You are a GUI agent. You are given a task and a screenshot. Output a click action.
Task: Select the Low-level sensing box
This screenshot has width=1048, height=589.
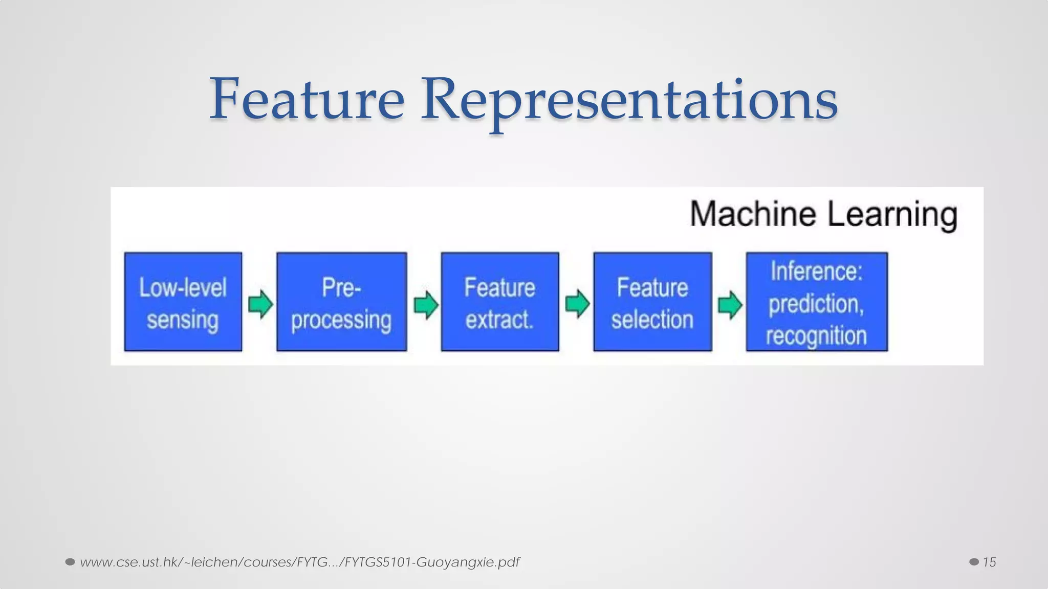183,302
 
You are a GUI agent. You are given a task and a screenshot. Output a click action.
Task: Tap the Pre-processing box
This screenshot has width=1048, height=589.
341,302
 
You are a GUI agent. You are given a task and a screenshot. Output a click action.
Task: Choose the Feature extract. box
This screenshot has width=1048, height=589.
499,302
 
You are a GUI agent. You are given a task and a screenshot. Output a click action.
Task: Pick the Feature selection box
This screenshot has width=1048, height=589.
652,302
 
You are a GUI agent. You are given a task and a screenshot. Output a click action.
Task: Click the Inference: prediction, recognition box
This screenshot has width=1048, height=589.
816,302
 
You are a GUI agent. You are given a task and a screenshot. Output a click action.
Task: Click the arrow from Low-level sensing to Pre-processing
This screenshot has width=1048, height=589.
260,304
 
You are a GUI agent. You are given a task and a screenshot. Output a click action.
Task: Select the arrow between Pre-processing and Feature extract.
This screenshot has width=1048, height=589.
426,305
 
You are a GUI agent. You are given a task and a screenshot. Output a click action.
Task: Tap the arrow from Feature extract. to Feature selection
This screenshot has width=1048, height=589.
577,304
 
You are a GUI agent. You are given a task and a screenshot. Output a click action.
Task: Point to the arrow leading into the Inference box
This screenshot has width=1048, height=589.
730,305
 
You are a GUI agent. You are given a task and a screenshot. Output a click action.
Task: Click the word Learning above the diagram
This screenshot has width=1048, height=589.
892,215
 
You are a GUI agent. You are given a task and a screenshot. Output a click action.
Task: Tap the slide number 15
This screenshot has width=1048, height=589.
989,562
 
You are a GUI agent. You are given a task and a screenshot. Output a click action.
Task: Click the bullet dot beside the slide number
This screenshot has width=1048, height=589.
974,562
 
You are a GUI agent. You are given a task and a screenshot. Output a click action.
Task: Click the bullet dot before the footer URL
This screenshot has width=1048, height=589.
70,562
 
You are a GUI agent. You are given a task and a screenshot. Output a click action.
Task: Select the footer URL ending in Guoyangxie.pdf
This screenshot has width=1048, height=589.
299,562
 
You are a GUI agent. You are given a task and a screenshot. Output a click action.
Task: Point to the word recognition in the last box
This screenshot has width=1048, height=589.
816,336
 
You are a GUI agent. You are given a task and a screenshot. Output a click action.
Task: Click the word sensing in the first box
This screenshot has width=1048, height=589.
183,320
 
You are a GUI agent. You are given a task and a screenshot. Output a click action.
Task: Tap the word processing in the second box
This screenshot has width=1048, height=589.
341,321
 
